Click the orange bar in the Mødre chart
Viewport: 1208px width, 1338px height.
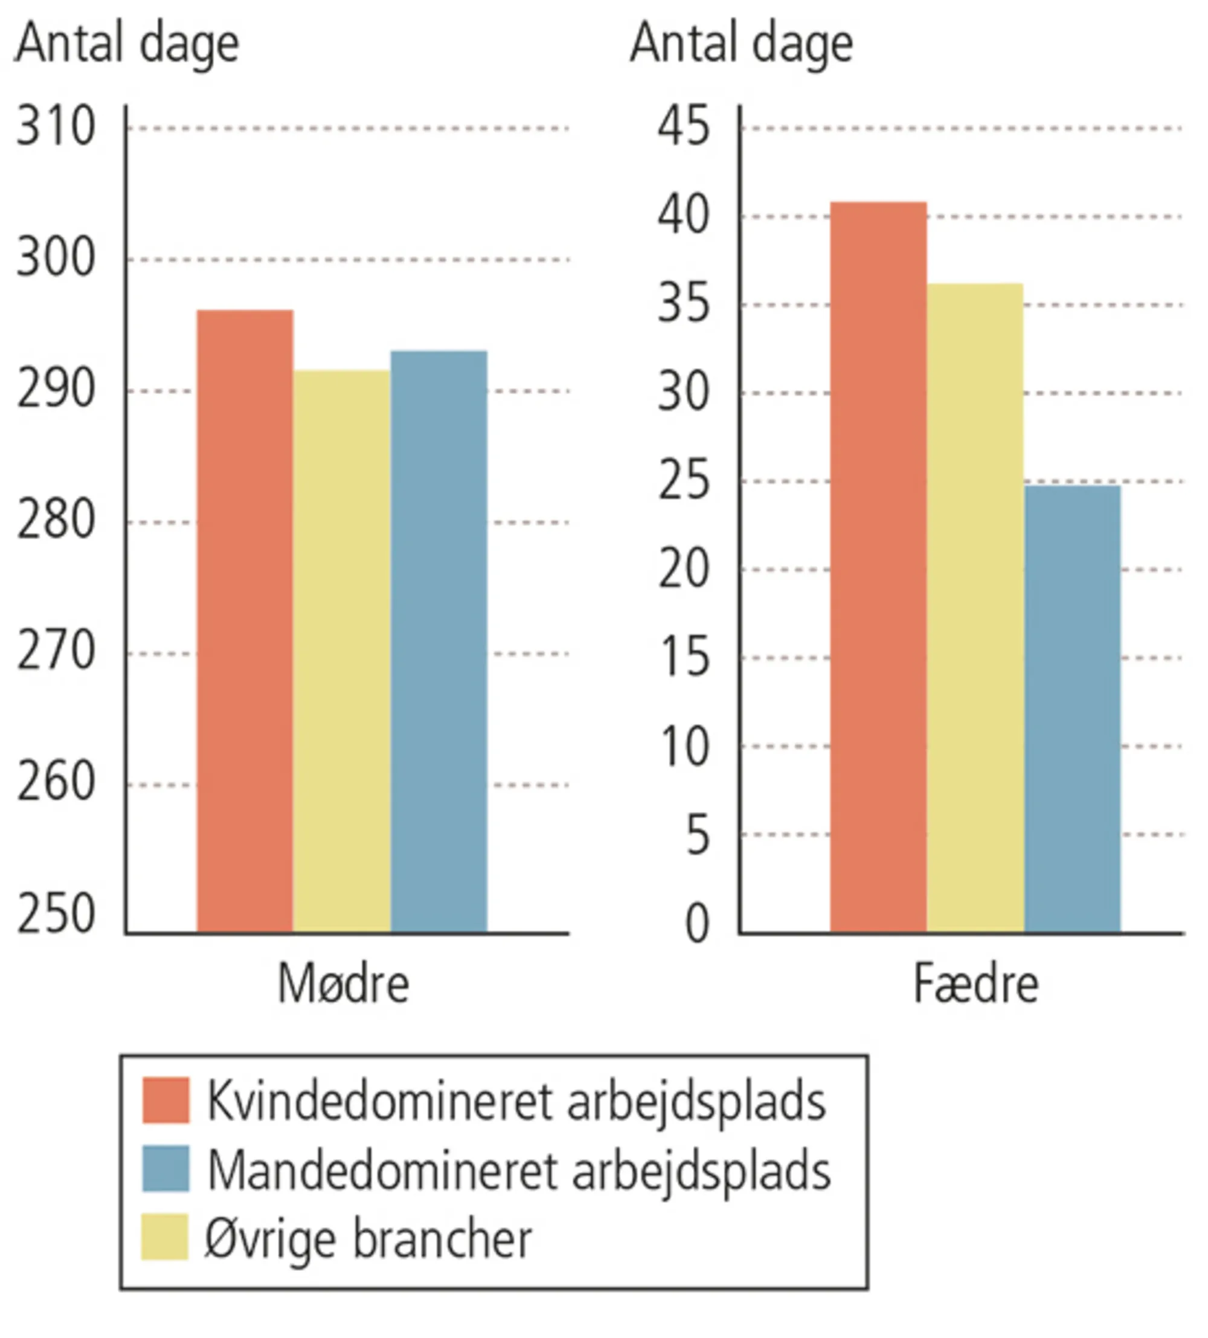245,621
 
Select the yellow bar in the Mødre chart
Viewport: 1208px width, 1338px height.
342,651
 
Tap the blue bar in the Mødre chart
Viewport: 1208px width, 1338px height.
439,641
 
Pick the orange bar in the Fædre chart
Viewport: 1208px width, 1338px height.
878,567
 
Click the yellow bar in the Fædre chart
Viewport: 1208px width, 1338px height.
975,608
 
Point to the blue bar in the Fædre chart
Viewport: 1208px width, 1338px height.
1072,709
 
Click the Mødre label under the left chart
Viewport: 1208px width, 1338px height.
343,984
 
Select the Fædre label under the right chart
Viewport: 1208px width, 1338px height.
975,984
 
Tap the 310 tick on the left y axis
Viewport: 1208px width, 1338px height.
56,127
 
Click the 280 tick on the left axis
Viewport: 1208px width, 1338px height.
56,521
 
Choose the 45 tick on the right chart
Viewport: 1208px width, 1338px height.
684,127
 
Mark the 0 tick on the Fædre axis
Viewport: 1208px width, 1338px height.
697,923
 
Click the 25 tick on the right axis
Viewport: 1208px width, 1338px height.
684,481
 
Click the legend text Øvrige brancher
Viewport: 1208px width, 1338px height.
368,1238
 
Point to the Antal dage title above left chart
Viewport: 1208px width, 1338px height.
127,44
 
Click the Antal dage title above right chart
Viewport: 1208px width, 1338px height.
741,44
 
